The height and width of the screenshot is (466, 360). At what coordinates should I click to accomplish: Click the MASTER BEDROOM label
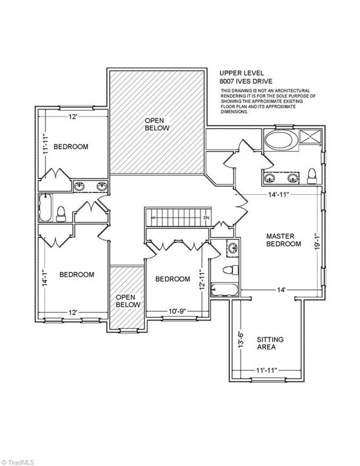point(284,240)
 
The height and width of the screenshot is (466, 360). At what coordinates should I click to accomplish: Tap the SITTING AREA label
point(270,343)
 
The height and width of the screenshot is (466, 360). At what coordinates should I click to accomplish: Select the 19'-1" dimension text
point(317,241)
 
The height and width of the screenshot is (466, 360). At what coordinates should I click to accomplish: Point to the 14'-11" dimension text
point(279,195)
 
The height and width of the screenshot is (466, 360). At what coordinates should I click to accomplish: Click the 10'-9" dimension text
point(177,311)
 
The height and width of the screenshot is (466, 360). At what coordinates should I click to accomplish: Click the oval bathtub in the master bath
point(279,140)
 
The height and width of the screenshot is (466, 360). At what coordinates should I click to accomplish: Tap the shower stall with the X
point(310,137)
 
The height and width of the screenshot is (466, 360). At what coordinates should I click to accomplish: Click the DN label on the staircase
point(206,218)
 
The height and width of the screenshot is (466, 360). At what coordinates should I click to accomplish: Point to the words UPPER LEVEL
point(242,73)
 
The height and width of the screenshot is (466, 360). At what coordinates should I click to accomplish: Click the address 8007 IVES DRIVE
point(245,81)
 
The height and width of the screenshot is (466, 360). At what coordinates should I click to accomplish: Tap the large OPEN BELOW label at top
point(157,124)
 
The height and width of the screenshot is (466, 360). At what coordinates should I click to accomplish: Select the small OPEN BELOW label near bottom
point(128,301)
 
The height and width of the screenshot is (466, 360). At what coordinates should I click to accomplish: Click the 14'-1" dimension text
point(44,278)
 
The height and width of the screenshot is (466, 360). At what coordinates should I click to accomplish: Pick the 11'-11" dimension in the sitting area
point(267,370)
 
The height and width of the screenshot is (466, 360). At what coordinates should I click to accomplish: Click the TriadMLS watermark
point(17,462)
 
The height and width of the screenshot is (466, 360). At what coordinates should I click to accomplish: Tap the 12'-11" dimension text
point(202,280)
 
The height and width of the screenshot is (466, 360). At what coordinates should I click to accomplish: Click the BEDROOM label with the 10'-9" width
point(173,279)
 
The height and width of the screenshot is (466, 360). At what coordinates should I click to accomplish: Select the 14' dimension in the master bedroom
point(281,289)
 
